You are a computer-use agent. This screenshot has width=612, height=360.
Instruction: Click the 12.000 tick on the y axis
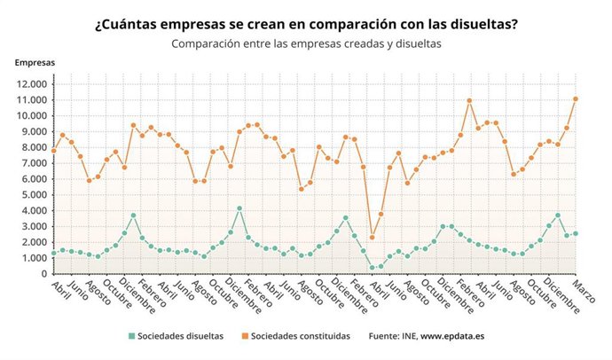(30, 84)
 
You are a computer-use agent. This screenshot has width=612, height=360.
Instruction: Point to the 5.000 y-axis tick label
(32, 195)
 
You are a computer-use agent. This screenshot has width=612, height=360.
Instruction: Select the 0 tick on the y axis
(44, 274)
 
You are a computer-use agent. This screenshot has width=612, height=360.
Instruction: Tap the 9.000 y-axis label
(32, 132)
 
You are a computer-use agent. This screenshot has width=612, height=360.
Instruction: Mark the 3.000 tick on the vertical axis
(32, 227)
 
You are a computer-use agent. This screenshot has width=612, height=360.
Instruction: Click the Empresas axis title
(34, 63)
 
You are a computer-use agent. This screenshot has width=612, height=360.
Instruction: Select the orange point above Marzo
(576, 98)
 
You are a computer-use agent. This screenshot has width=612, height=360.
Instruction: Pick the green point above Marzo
(576, 234)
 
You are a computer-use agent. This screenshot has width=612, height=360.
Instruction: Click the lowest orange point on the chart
(372, 237)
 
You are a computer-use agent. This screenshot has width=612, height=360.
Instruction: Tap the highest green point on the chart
(239, 208)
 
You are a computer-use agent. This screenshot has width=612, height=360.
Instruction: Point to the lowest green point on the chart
(372, 268)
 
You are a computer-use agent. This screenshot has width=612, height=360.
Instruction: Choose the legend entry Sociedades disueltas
(181, 336)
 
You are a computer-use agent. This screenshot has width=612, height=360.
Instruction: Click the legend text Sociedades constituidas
(301, 336)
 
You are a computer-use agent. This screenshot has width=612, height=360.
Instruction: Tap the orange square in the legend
(244, 336)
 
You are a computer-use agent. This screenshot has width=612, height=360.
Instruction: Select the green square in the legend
(132, 336)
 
